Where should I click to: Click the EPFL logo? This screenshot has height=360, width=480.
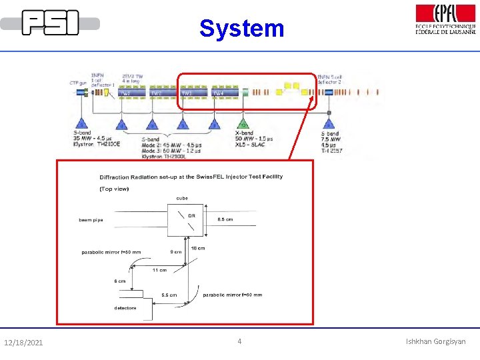445,19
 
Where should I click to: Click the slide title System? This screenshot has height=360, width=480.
241,28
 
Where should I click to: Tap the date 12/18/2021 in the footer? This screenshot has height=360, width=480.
23,343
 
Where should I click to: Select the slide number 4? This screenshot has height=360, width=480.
240,342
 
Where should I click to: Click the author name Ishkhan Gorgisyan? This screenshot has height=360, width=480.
436,342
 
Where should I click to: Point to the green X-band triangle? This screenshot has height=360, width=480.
243,124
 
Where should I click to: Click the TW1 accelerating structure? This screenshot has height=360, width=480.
125,92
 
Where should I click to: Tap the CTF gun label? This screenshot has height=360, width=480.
79,83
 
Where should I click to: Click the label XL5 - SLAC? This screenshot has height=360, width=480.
252,145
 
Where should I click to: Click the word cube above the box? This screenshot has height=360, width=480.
182,198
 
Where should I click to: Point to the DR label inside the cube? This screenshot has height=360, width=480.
191,215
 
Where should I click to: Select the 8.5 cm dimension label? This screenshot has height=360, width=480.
226,219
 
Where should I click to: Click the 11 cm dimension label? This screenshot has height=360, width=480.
159,270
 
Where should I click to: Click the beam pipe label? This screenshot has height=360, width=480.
91,219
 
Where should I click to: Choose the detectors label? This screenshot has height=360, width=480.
125,308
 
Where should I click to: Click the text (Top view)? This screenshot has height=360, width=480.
115,189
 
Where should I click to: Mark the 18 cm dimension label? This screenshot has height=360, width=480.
198,248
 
